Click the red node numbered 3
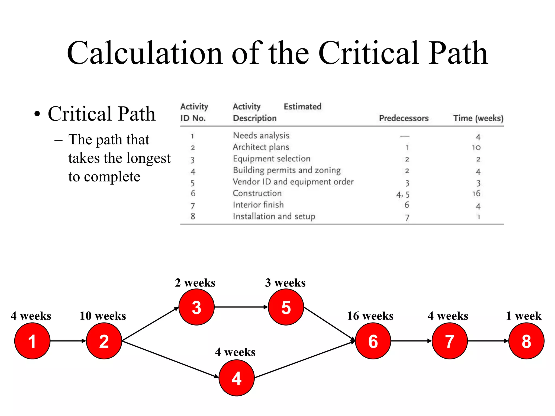(196, 307)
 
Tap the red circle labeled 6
(373, 341)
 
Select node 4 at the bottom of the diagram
(236, 378)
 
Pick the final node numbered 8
(526, 341)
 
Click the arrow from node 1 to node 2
(68, 341)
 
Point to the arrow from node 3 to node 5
(241, 307)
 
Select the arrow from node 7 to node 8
(488, 341)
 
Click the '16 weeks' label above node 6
(370, 316)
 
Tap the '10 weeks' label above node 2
(103, 316)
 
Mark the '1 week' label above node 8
(524, 316)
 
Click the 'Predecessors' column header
(404, 118)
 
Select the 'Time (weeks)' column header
(478, 118)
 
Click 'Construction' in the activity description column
(257, 193)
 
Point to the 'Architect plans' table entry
(261, 147)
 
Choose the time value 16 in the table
(476, 193)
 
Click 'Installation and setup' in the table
(274, 216)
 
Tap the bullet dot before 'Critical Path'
(37, 114)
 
